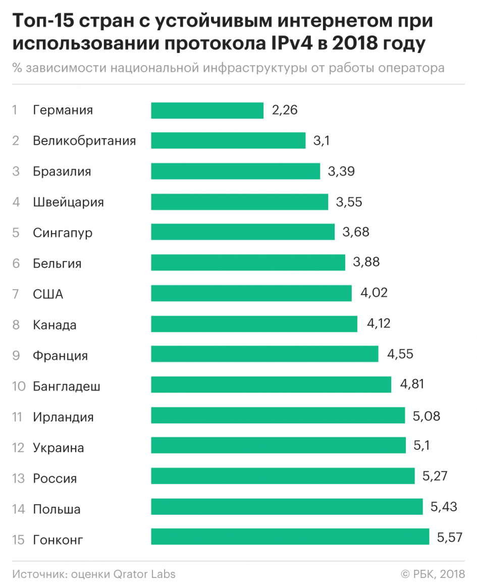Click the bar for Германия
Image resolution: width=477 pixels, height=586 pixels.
click(x=207, y=110)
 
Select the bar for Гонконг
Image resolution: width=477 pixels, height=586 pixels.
click(x=290, y=537)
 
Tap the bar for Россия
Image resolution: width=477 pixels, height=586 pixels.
click(x=283, y=475)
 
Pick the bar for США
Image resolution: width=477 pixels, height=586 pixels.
click(x=251, y=293)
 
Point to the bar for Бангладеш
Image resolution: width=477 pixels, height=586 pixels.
click(x=271, y=384)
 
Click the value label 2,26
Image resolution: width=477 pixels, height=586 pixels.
click(x=285, y=110)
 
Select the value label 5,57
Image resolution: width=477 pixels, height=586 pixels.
click(x=450, y=538)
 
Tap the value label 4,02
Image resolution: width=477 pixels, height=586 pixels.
click(x=374, y=293)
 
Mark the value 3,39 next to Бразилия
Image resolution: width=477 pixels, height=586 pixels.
click(x=341, y=171)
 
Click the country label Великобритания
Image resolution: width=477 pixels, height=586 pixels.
click(x=84, y=141)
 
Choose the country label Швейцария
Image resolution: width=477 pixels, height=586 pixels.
click(x=68, y=202)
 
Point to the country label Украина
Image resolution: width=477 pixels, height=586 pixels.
click(x=59, y=448)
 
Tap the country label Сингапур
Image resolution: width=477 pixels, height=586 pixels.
click(x=63, y=233)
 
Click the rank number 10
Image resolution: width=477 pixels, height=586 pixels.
click(x=19, y=387)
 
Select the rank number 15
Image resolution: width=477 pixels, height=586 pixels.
click(x=19, y=540)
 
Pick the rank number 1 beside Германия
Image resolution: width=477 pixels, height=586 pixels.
click(x=15, y=110)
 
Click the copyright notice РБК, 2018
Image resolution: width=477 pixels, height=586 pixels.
click(x=437, y=574)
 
